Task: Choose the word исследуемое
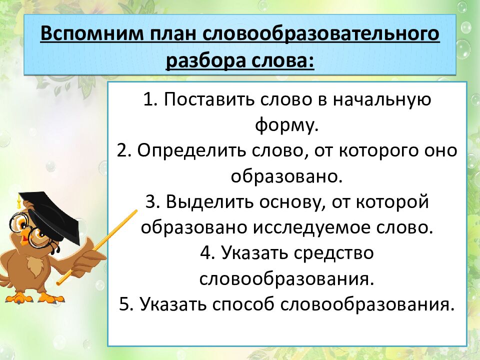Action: click(317, 227)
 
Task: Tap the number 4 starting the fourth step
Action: click(205, 253)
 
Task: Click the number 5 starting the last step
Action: click(124, 304)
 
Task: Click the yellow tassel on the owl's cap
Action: click(19, 202)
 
